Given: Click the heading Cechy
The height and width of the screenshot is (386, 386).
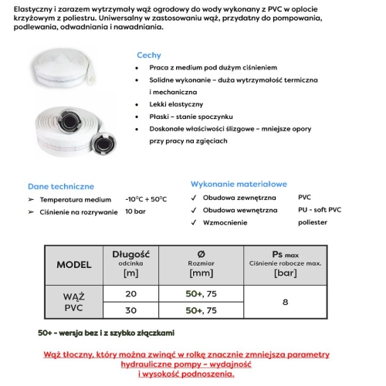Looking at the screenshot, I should point(148,56).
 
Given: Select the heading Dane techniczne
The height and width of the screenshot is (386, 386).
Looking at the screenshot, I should point(61,186).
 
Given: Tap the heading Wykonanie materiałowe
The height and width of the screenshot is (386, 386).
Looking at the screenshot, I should point(239,185).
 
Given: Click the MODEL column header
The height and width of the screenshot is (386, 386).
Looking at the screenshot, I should point(74,264).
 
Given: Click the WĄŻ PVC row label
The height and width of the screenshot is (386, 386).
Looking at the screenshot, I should point(74,303).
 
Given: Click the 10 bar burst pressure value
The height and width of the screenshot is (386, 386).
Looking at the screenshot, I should point(135,211).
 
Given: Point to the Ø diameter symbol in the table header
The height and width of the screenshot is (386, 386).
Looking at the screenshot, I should point(201,253).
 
